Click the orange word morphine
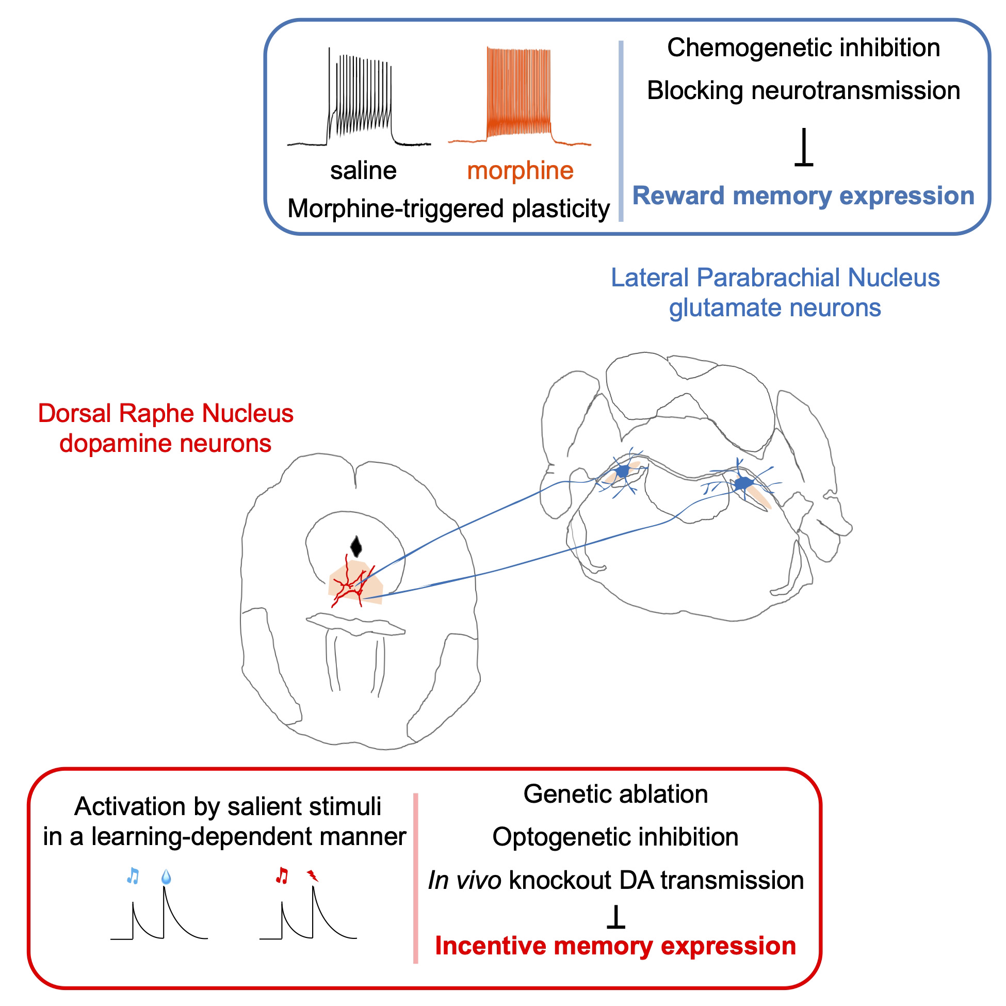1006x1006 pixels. point(520,171)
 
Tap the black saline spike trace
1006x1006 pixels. point(359,104)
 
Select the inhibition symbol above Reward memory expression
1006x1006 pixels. point(803,148)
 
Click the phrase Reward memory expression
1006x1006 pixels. point(803,197)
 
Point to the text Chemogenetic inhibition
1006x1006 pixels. point(803,48)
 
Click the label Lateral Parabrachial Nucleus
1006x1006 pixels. point(775,278)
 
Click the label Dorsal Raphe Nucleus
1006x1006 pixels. point(166,413)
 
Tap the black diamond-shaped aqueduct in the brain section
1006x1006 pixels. point(356,546)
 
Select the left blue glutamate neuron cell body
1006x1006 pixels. point(622,472)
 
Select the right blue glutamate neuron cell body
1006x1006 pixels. point(743,483)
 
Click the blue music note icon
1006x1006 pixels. point(133,876)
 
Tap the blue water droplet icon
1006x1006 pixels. point(166,877)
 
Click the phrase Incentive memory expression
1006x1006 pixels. point(615,946)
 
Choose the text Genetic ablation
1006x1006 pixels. point(615,794)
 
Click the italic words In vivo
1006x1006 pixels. point(464,881)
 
